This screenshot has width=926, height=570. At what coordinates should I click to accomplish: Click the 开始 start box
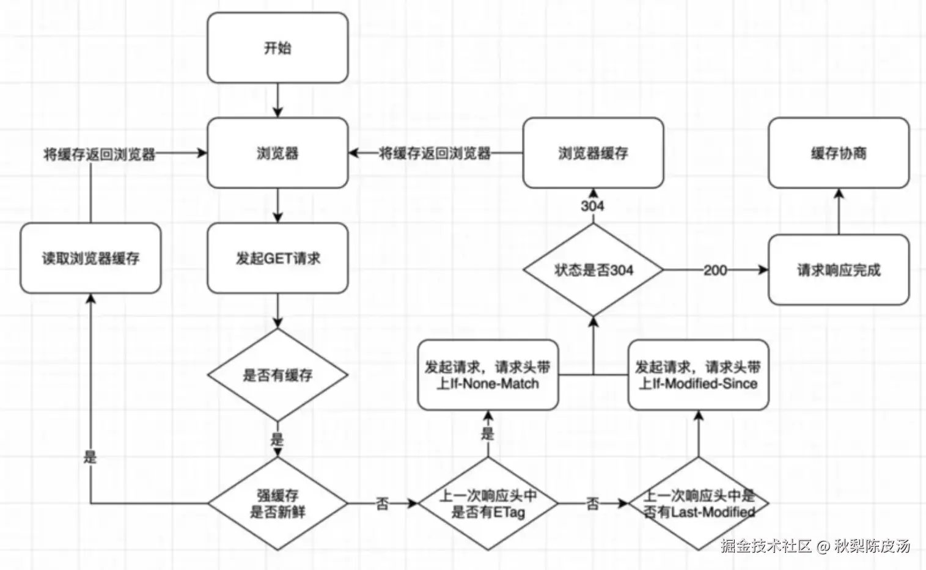(277, 48)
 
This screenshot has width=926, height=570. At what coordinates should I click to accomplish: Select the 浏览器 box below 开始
(277, 153)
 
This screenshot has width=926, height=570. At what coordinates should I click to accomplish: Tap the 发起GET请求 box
(277, 258)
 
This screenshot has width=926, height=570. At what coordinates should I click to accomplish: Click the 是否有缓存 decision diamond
(277, 375)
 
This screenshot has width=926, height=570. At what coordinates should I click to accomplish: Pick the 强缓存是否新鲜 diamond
(277, 503)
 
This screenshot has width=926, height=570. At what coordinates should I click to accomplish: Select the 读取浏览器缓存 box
(90, 258)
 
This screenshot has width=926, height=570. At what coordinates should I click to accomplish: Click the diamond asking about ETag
(488, 503)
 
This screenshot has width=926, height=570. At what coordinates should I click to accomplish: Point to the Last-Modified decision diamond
(699, 503)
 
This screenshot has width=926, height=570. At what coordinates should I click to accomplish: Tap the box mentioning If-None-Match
(488, 375)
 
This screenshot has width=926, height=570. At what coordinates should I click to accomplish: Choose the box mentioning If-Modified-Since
(699, 375)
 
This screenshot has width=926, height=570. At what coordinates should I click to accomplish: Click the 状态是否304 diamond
(593, 269)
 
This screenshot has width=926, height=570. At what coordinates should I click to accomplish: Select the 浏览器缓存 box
(593, 153)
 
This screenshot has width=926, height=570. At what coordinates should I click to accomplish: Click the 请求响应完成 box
(839, 269)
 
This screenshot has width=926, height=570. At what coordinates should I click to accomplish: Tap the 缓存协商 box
(839, 153)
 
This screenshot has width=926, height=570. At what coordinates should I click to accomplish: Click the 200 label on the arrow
(715, 269)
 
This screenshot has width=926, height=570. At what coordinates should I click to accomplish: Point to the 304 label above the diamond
(592, 205)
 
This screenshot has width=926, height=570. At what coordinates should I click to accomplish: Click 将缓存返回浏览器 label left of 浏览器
(99, 154)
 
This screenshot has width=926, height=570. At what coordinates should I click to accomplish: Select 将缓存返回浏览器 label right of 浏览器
(435, 153)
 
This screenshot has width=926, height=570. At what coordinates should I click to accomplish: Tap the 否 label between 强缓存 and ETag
(382, 503)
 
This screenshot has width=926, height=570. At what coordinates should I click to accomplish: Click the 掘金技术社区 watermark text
(765, 546)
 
